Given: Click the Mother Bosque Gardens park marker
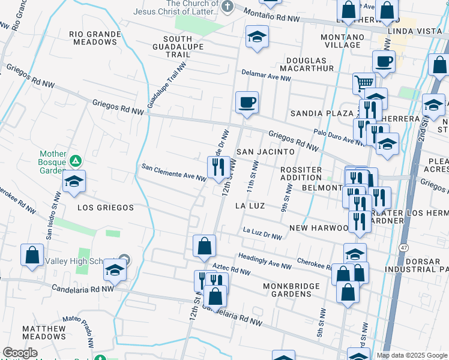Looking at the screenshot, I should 76,161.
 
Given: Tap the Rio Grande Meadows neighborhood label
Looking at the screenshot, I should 93,38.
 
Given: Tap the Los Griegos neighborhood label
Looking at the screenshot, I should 106,208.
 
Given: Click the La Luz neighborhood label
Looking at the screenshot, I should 250,206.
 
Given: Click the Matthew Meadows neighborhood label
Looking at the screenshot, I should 44,333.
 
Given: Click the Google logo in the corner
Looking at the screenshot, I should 20,353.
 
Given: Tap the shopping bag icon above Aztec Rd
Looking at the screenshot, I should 204,245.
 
